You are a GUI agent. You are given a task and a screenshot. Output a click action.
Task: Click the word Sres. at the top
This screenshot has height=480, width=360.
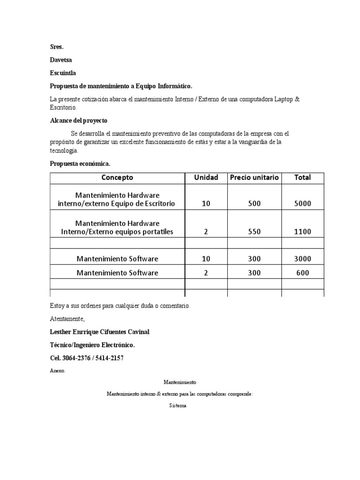(x=56, y=46)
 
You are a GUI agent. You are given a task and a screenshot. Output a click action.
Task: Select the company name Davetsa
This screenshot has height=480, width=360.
(x=61, y=60)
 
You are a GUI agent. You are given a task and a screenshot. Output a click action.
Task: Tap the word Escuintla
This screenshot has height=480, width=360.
(x=63, y=73)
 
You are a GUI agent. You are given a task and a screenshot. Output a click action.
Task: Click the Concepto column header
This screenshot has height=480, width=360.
(x=117, y=178)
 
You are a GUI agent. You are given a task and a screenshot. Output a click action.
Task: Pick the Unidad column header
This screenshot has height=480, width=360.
(x=206, y=178)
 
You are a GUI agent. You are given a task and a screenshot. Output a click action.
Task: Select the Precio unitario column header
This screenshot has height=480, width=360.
(x=254, y=178)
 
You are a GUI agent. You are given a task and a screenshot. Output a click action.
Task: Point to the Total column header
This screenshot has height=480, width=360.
(x=302, y=178)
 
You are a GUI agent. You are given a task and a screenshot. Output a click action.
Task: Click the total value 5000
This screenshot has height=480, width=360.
(x=302, y=204)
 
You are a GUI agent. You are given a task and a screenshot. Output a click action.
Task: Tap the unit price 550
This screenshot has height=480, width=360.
(x=254, y=232)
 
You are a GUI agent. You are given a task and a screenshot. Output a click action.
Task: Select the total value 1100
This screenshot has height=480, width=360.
(x=302, y=232)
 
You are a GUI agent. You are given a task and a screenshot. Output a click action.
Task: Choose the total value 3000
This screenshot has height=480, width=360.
(x=302, y=259)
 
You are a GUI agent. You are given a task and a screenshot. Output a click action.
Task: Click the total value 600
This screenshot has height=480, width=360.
(x=302, y=273)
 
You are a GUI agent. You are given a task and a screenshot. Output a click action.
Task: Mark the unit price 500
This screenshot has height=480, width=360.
(x=254, y=204)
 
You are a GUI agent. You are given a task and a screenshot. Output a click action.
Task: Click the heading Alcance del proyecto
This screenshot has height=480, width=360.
(x=79, y=120)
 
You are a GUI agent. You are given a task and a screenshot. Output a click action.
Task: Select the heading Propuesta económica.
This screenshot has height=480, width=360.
(x=80, y=164)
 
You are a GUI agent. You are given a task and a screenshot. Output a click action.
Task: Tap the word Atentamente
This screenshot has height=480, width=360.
(x=67, y=319)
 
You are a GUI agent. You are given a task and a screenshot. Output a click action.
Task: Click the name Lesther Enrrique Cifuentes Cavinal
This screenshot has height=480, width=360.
(x=99, y=332)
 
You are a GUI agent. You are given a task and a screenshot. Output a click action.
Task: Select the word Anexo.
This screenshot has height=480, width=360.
(x=58, y=370)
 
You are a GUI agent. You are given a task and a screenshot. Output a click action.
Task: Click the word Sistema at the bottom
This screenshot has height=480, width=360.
(x=178, y=406)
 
